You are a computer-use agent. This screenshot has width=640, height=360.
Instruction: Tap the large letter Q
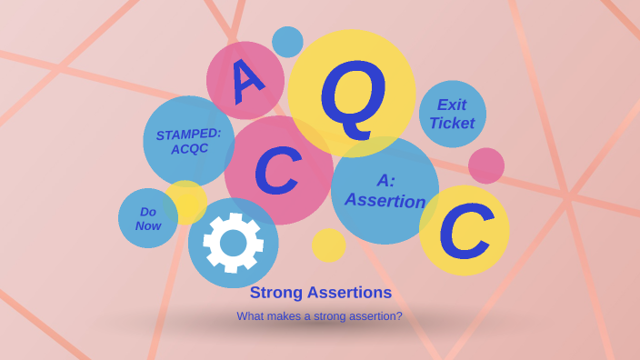tap(353, 93)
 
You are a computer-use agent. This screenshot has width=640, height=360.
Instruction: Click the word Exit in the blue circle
tap(452, 105)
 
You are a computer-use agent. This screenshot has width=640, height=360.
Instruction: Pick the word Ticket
tap(452, 124)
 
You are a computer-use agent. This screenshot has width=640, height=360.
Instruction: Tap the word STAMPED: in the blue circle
tap(188, 134)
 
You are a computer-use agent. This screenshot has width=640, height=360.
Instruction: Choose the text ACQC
tap(189, 149)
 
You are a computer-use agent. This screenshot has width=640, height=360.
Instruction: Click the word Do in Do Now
tap(148, 212)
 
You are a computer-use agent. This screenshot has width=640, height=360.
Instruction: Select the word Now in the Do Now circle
tap(148, 225)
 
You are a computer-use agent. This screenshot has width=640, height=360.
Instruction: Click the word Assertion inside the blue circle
tap(385, 200)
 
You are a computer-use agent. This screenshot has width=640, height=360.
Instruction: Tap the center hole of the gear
tap(234, 243)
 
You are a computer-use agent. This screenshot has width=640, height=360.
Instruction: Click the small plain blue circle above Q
tap(287, 42)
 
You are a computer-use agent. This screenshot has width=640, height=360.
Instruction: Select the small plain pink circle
tap(486, 165)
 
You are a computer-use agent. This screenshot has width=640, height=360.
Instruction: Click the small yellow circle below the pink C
tap(328, 245)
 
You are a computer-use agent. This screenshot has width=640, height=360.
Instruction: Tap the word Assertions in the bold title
tap(349, 293)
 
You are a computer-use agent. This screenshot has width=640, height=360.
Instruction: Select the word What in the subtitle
tap(251, 316)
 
